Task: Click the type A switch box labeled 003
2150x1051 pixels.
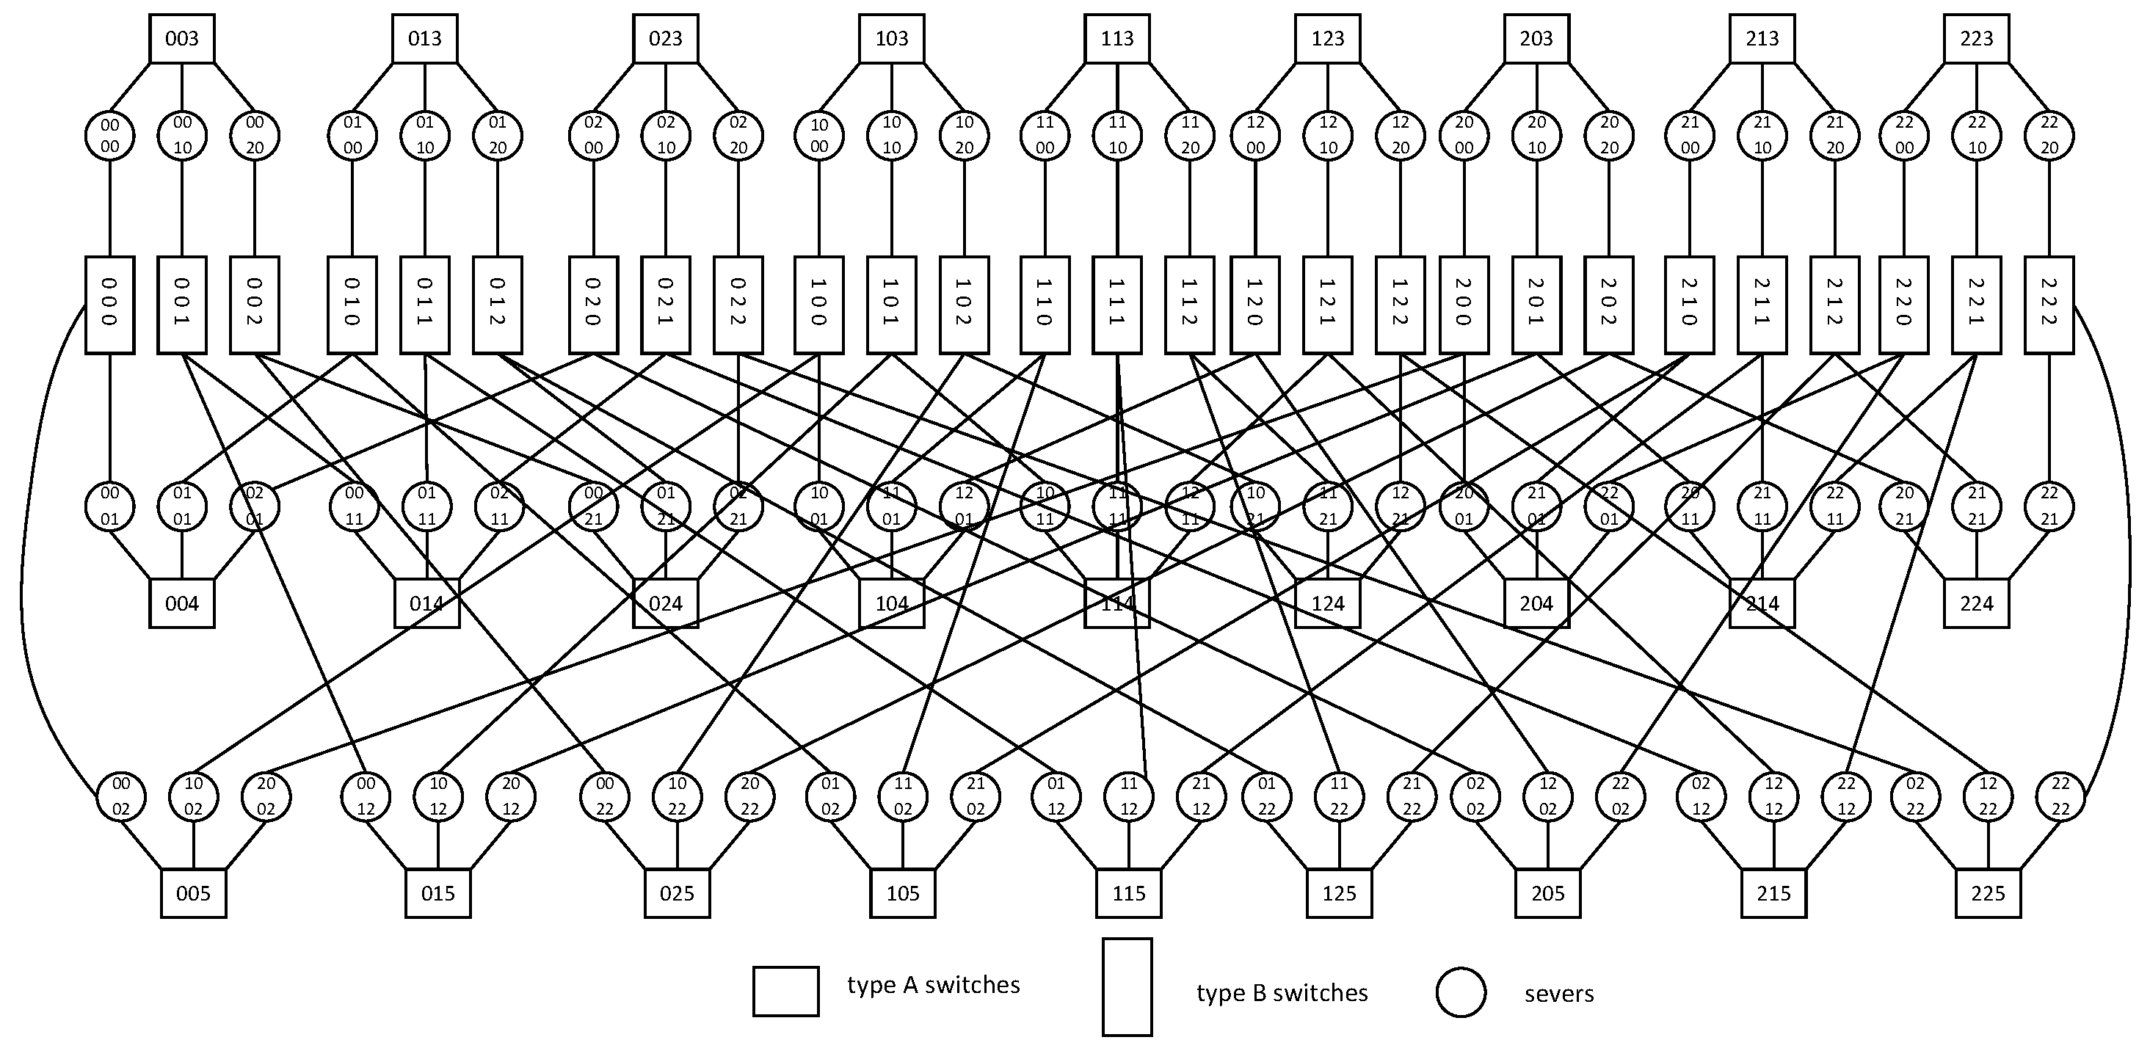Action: (182, 38)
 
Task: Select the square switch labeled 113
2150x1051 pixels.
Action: (1116, 38)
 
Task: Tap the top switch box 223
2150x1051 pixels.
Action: (1975, 38)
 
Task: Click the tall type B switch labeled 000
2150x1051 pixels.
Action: (109, 305)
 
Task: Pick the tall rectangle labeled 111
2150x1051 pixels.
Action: (1116, 305)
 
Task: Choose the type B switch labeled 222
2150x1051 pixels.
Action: (2048, 305)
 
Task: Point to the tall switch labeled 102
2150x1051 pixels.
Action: (964, 305)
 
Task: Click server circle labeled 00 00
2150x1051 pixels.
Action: (109, 135)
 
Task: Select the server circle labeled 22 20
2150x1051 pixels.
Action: (2049, 135)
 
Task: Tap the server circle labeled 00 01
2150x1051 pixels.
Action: (109, 506)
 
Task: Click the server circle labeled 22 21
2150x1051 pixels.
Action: (2049, 506)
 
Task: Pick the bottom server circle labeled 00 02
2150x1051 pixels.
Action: (121, 796)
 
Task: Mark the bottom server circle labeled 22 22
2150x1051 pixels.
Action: (2060, 796)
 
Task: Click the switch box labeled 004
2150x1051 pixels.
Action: (182, 603)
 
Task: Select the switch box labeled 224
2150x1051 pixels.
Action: (1975, 603)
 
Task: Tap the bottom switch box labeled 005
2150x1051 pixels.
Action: (193, 893)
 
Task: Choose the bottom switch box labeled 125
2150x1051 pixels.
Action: (1339, 893)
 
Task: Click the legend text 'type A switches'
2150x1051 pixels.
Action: (933, 985)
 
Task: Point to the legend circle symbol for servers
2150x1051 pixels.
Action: (1461, 992)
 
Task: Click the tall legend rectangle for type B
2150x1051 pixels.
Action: (1127, 986)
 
